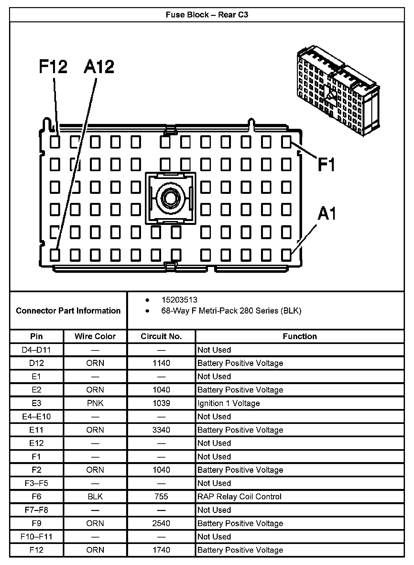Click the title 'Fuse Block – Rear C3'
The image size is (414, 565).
point(207,15)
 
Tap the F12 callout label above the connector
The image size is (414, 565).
point(53,67)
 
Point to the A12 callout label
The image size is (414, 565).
point(99,67)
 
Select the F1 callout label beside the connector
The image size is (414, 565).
point(326,164)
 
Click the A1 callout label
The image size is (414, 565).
point(327,214)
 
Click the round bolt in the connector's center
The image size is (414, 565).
point(170,198)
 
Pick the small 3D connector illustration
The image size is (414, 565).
point(338,90)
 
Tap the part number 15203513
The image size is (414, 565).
point(180,300)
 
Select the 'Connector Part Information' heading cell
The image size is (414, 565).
point(68,311)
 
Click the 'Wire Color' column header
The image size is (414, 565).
point(95,336)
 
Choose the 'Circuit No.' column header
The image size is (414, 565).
point(161,336)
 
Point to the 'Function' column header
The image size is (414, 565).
point(300,336)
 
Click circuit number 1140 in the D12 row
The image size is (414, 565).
point(161,363)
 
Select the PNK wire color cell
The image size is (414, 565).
point(95,403)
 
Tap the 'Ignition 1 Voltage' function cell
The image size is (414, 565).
point(229,403)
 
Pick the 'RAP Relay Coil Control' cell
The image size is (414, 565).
point(239,496)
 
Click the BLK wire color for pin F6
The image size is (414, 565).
point(95,496)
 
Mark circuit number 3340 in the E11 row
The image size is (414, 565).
point(161,430)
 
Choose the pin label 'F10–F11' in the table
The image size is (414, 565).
point(36,537)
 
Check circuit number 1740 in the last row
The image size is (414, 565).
point(161,550)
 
